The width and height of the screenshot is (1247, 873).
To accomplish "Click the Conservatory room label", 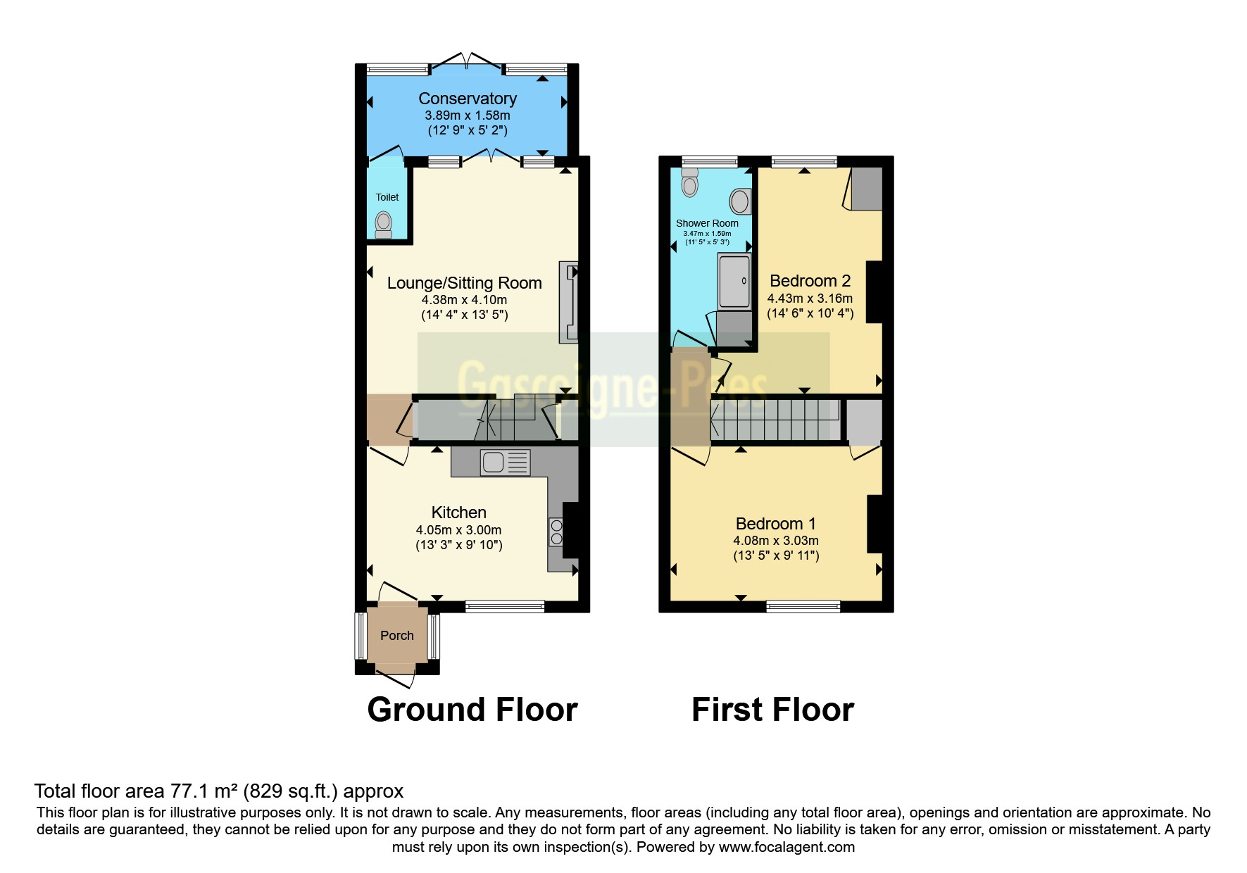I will coord(468,99).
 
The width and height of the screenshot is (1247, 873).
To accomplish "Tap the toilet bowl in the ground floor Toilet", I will coord(383,224).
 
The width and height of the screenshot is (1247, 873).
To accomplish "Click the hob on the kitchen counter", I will coord(556,532).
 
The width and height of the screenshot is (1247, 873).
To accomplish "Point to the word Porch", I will coord(397,636).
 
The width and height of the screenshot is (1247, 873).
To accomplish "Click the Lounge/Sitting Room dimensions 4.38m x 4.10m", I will coord(465,299).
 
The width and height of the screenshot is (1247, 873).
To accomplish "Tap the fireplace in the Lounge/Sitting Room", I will coord(568,302).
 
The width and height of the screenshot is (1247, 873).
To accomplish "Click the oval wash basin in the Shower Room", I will coord(739,201).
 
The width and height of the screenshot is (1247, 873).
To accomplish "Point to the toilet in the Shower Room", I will coord(690,182).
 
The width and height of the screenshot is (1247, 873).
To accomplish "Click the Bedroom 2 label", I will coord(810,281).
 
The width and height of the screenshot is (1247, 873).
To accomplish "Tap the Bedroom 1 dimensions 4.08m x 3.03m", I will coord(775,541).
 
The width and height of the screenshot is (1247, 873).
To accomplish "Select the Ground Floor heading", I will coord(472,709).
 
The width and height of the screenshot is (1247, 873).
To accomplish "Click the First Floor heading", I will coord(772,709).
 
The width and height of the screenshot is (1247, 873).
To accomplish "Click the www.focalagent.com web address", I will coord(787,847).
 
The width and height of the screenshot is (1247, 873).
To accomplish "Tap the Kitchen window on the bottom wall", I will coord(505,605).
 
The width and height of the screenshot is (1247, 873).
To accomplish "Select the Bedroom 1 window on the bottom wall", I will coord(803,606).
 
